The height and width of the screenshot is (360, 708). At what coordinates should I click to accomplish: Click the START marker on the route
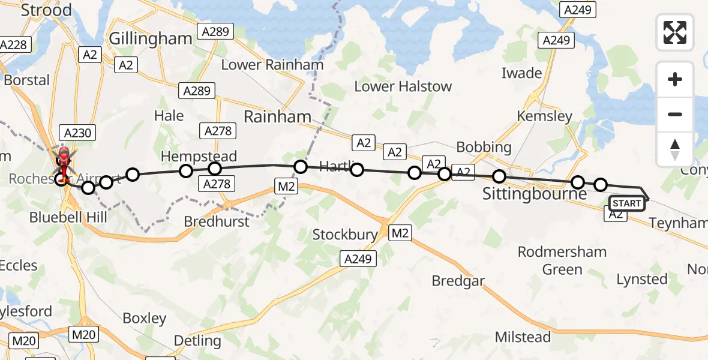point(627,203)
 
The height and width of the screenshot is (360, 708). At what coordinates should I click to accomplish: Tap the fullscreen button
point(675,32)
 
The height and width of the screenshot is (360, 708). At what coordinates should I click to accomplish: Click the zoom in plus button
point(675,79)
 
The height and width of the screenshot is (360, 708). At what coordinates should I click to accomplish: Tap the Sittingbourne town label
point(535,194)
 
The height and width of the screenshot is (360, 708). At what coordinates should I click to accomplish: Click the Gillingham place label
point(151,38)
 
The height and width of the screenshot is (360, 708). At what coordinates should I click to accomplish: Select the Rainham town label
point(278,116)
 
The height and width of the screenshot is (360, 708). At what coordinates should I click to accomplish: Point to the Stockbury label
point(345,235)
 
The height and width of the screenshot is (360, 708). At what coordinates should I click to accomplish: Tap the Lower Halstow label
point(403,86)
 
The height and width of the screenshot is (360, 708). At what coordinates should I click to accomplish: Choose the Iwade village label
point(521,73)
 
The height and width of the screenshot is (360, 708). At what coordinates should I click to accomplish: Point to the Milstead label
point(523,337)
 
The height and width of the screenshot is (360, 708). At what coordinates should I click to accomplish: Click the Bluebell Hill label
point(68,217)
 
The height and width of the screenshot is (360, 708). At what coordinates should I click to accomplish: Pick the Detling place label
point(197,341)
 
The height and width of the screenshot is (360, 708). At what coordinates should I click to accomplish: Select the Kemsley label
point(545,116)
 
